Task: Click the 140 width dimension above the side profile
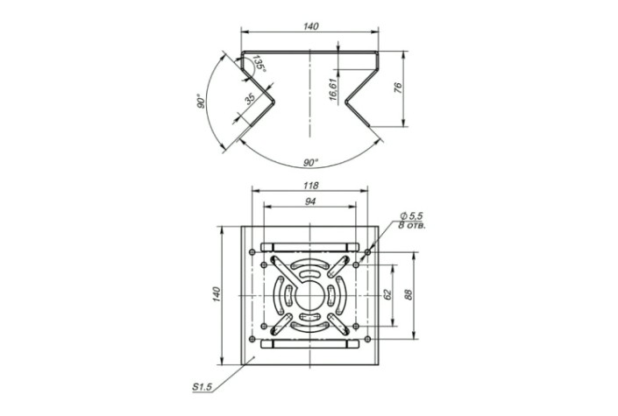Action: [x=310, y=26]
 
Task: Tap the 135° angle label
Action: [x=259, y=63]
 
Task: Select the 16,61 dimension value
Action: [x=333, y=89]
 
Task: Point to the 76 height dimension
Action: [x=398, y=88]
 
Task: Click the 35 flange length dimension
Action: [x=251, y=99]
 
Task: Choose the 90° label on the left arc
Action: [x=202, y=102]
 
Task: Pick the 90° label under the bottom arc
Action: [x=310, y=162]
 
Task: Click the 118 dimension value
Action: [x=310, y=185]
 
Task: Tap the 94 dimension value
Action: [x=310, y=201]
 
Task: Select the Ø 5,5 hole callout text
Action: [x=411, y=215]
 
